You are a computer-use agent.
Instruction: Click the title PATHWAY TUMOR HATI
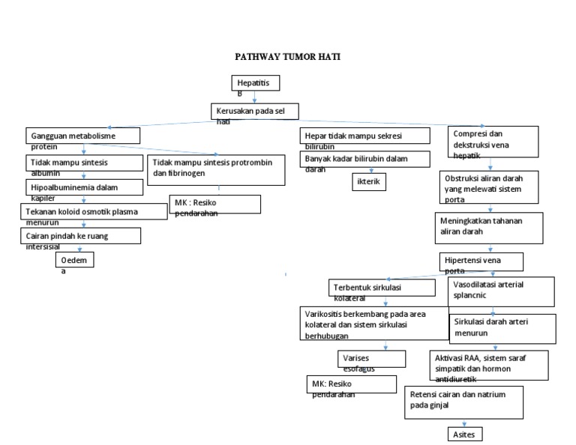[289, 56]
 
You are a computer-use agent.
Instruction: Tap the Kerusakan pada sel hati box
[254, 112]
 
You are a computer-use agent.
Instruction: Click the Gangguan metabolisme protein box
[83, 137]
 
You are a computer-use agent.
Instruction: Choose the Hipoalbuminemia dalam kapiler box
[83, 187]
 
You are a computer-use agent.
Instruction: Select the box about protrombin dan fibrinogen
[217, 170]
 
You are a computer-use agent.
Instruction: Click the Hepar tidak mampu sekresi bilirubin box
[365, 136]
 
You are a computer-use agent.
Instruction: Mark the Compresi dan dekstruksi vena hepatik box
[493, 142]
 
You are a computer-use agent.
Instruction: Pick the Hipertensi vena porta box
[480, 261]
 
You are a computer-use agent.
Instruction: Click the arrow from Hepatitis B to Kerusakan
[256, 97]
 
